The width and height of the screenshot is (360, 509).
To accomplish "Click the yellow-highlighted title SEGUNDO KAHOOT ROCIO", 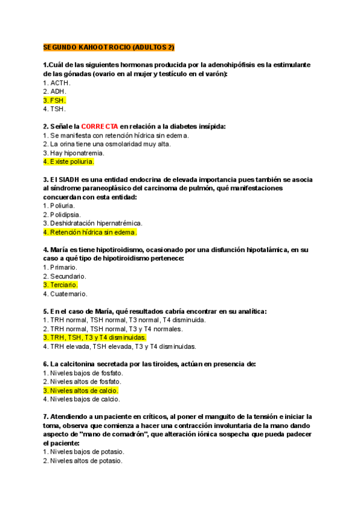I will click(108, 47).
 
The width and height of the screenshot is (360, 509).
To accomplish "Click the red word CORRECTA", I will click(99, 127).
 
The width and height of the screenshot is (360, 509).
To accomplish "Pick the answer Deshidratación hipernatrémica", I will click(92, 223).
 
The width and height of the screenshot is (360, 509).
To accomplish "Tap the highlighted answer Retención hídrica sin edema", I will click(90, 232).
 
